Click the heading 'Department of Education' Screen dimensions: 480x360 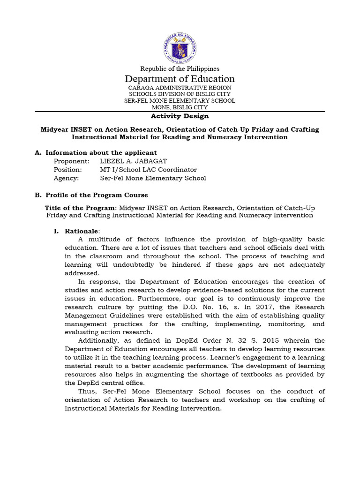click(x=180, y=79)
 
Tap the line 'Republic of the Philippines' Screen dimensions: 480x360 click(x=180, y=69)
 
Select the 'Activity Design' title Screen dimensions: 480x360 click(x=180, y=116)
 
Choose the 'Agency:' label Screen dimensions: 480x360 click(x=66, y=178)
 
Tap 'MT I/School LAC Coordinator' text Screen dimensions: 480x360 click(x=149, y=170)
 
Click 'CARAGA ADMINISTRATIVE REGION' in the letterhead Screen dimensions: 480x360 click(x=180, y=88)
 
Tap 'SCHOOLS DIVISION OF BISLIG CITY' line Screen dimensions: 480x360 click(x=180, y=94)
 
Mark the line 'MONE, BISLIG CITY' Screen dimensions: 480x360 click(x=180, y=107)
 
